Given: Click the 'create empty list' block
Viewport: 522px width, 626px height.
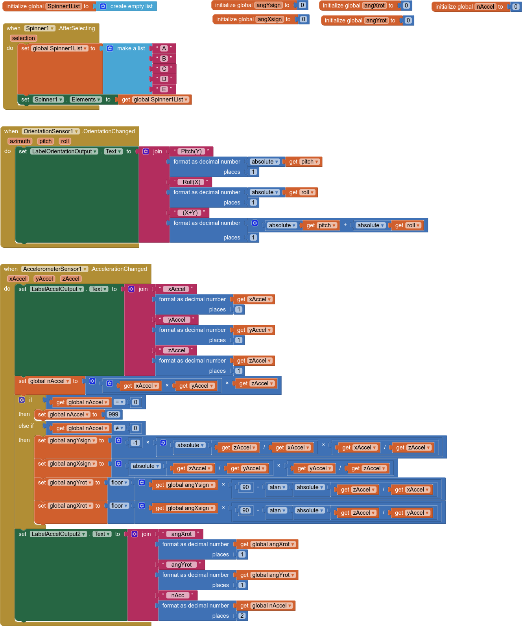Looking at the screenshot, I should tap(131, 6).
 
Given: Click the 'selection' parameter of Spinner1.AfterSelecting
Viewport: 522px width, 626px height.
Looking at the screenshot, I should tap(23, 38).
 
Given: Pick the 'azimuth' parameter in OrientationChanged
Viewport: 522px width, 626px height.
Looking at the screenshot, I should tap(20, 141).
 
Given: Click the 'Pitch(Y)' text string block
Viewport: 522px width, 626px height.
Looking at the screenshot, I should tap(191, 151).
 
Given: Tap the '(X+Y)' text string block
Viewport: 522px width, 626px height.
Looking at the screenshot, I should tap(190, 213).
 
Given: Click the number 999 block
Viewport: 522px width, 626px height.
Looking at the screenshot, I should tap(113, 414).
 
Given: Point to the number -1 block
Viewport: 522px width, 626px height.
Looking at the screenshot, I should tap(135, 443).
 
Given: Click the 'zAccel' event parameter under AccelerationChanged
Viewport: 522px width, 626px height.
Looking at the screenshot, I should tap(71, 279).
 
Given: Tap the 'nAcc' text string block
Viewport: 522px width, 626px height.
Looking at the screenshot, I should tap(178, 595).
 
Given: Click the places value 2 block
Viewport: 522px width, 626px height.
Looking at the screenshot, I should tap(242, 616).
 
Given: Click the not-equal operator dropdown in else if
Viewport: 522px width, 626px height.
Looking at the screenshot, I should tap(119, 428).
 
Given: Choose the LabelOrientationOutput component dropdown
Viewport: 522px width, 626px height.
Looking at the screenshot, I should tap(65, 151).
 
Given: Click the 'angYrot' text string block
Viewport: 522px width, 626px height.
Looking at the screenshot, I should tap(181, 565).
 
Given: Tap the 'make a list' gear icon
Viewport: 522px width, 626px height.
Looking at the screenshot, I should tap(110, 48).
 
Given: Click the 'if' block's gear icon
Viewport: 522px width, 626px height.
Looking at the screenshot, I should tap(22, 400).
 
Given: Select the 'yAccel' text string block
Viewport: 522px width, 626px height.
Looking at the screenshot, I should tap(177, 320).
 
